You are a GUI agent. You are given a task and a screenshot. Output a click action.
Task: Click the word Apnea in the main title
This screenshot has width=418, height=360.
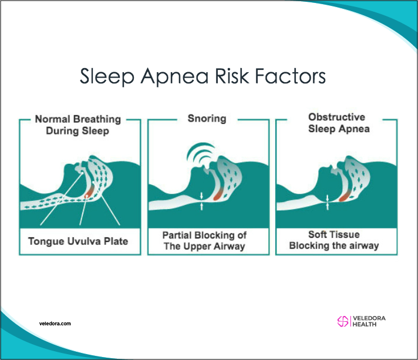(x=174, y=76)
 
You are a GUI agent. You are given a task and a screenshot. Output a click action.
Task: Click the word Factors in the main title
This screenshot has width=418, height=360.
(x=290, y=76)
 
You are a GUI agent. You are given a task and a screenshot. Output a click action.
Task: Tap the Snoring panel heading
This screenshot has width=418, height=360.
(x=207, y=119)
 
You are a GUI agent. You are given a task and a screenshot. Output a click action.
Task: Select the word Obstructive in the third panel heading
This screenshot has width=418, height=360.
(x=337, y=117)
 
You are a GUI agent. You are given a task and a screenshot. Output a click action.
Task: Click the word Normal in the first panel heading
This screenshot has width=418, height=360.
(x=52, y=119)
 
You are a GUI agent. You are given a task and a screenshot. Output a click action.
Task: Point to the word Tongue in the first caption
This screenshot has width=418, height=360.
(x=46, y=241)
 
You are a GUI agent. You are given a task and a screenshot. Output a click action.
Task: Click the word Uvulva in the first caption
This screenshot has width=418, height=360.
(x=84, y=241)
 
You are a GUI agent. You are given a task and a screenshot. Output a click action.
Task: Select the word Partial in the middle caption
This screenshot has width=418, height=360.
(x=177, y=235)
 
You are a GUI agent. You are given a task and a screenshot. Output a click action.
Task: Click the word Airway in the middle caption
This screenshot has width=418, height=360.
(x=230, y=247)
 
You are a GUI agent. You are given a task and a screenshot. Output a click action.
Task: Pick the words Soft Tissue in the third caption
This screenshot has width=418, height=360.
(x=334, y=234)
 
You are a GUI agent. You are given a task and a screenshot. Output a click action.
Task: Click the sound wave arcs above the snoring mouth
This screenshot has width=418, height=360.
(x=200, y=152)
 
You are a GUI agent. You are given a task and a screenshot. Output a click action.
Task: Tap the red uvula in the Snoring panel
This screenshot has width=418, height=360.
(x=218, y=194)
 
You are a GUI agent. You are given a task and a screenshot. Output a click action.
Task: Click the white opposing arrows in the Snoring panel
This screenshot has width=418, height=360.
(x=201, y=201)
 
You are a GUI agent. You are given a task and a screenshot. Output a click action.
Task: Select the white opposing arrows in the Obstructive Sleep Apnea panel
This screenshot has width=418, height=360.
(x=328, y=202)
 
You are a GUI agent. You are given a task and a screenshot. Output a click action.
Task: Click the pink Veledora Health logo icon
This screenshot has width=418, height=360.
(x=343, y=321)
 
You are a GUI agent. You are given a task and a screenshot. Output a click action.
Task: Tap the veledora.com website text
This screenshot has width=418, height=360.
(x=55, y=324)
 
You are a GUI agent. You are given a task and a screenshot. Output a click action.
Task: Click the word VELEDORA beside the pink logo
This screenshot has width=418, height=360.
(x=369, y=318)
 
